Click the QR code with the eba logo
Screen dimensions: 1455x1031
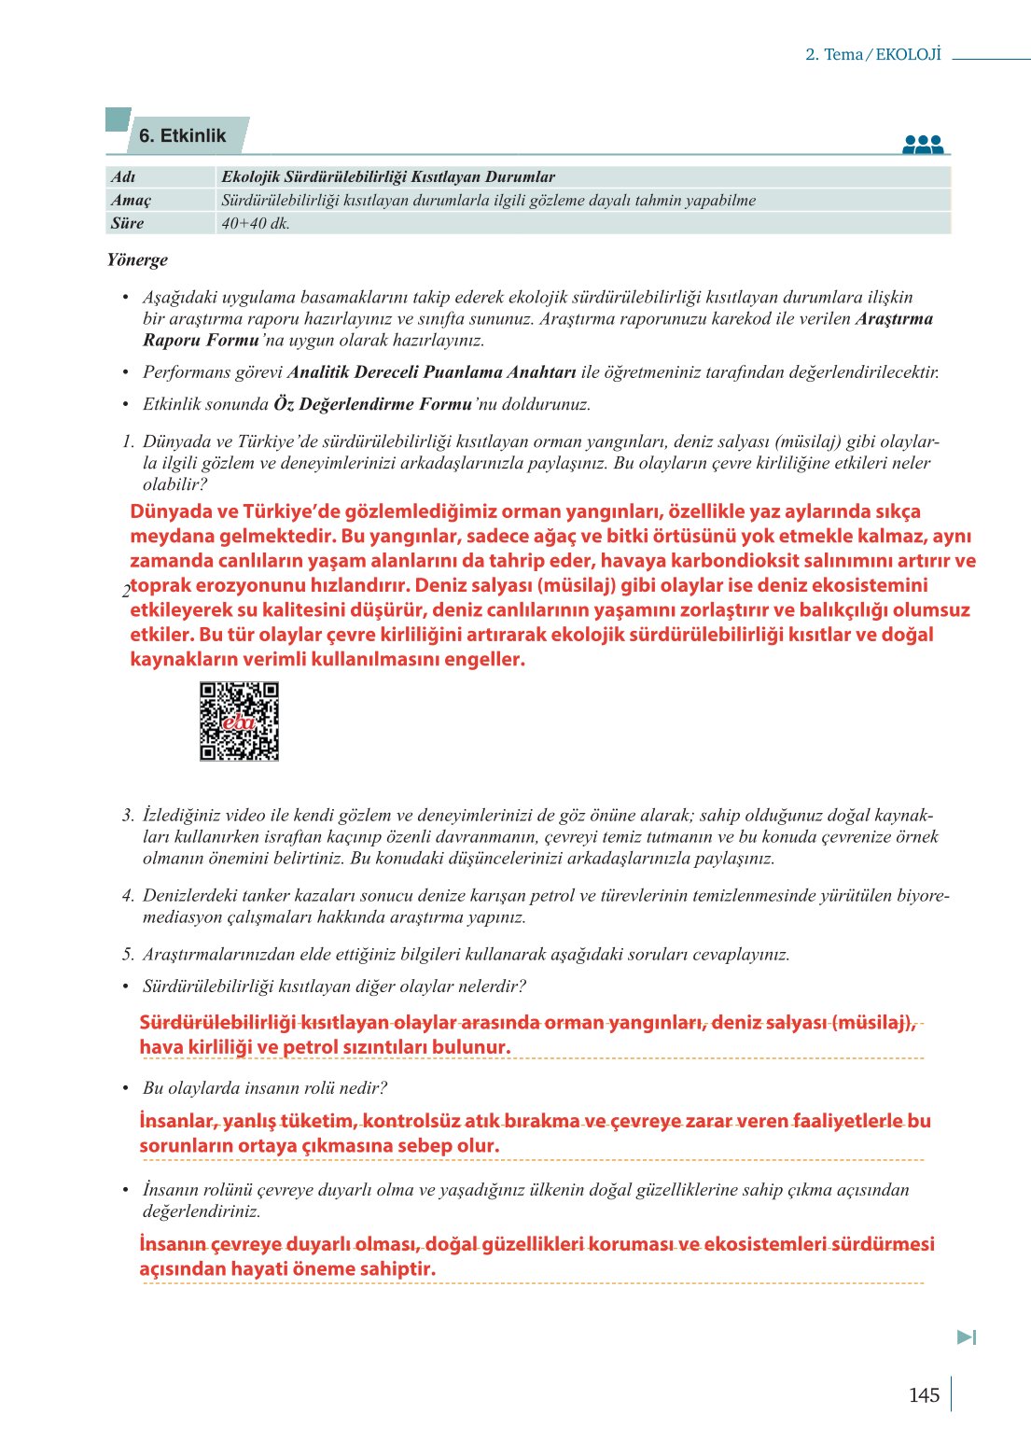pyautogui.click(x=239, y=721)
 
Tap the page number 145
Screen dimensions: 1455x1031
pyautogui.click(x=923, y=1395)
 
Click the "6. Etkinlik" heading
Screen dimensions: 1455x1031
pyautogui.click(x=183, y=136)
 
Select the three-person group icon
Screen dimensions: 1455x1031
pyautogui.click(x=923, y=144)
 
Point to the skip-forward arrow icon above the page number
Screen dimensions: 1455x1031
pyautogui.click(x=967, y=1337)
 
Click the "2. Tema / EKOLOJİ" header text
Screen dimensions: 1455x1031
pyautogui.click(x=872, y=54)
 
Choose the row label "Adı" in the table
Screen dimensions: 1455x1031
pyautogui.click(x=123, y=176)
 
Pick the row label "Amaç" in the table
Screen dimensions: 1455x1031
pyautogui.click(x=131, y=200)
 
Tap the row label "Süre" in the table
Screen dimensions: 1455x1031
pyautogui.click(x=128, y=223)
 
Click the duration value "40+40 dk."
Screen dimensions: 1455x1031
pyautogui.click(x=256, y=224)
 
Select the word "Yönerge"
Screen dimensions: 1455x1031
pyautogui.click(x=137, y=259)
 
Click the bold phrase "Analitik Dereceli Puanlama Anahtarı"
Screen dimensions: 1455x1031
pyautogui.click(x=432, y=372)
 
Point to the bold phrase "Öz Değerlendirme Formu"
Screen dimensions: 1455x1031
pyautogui.click(x=372, y=404)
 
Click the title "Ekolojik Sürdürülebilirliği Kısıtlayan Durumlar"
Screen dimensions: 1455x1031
pyautogui.click(x=388, y=176)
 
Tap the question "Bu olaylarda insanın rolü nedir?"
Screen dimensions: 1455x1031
pyautogui.click(x=265, y=1088)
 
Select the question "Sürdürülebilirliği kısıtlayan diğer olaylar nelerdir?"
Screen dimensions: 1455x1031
pyautogui.click(x=334, y=986)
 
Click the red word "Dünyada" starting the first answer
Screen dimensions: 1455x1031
pyautogui.click(x=171, y=511)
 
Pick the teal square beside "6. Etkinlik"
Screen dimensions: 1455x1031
pyautogui.click(x=118, y=119)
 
